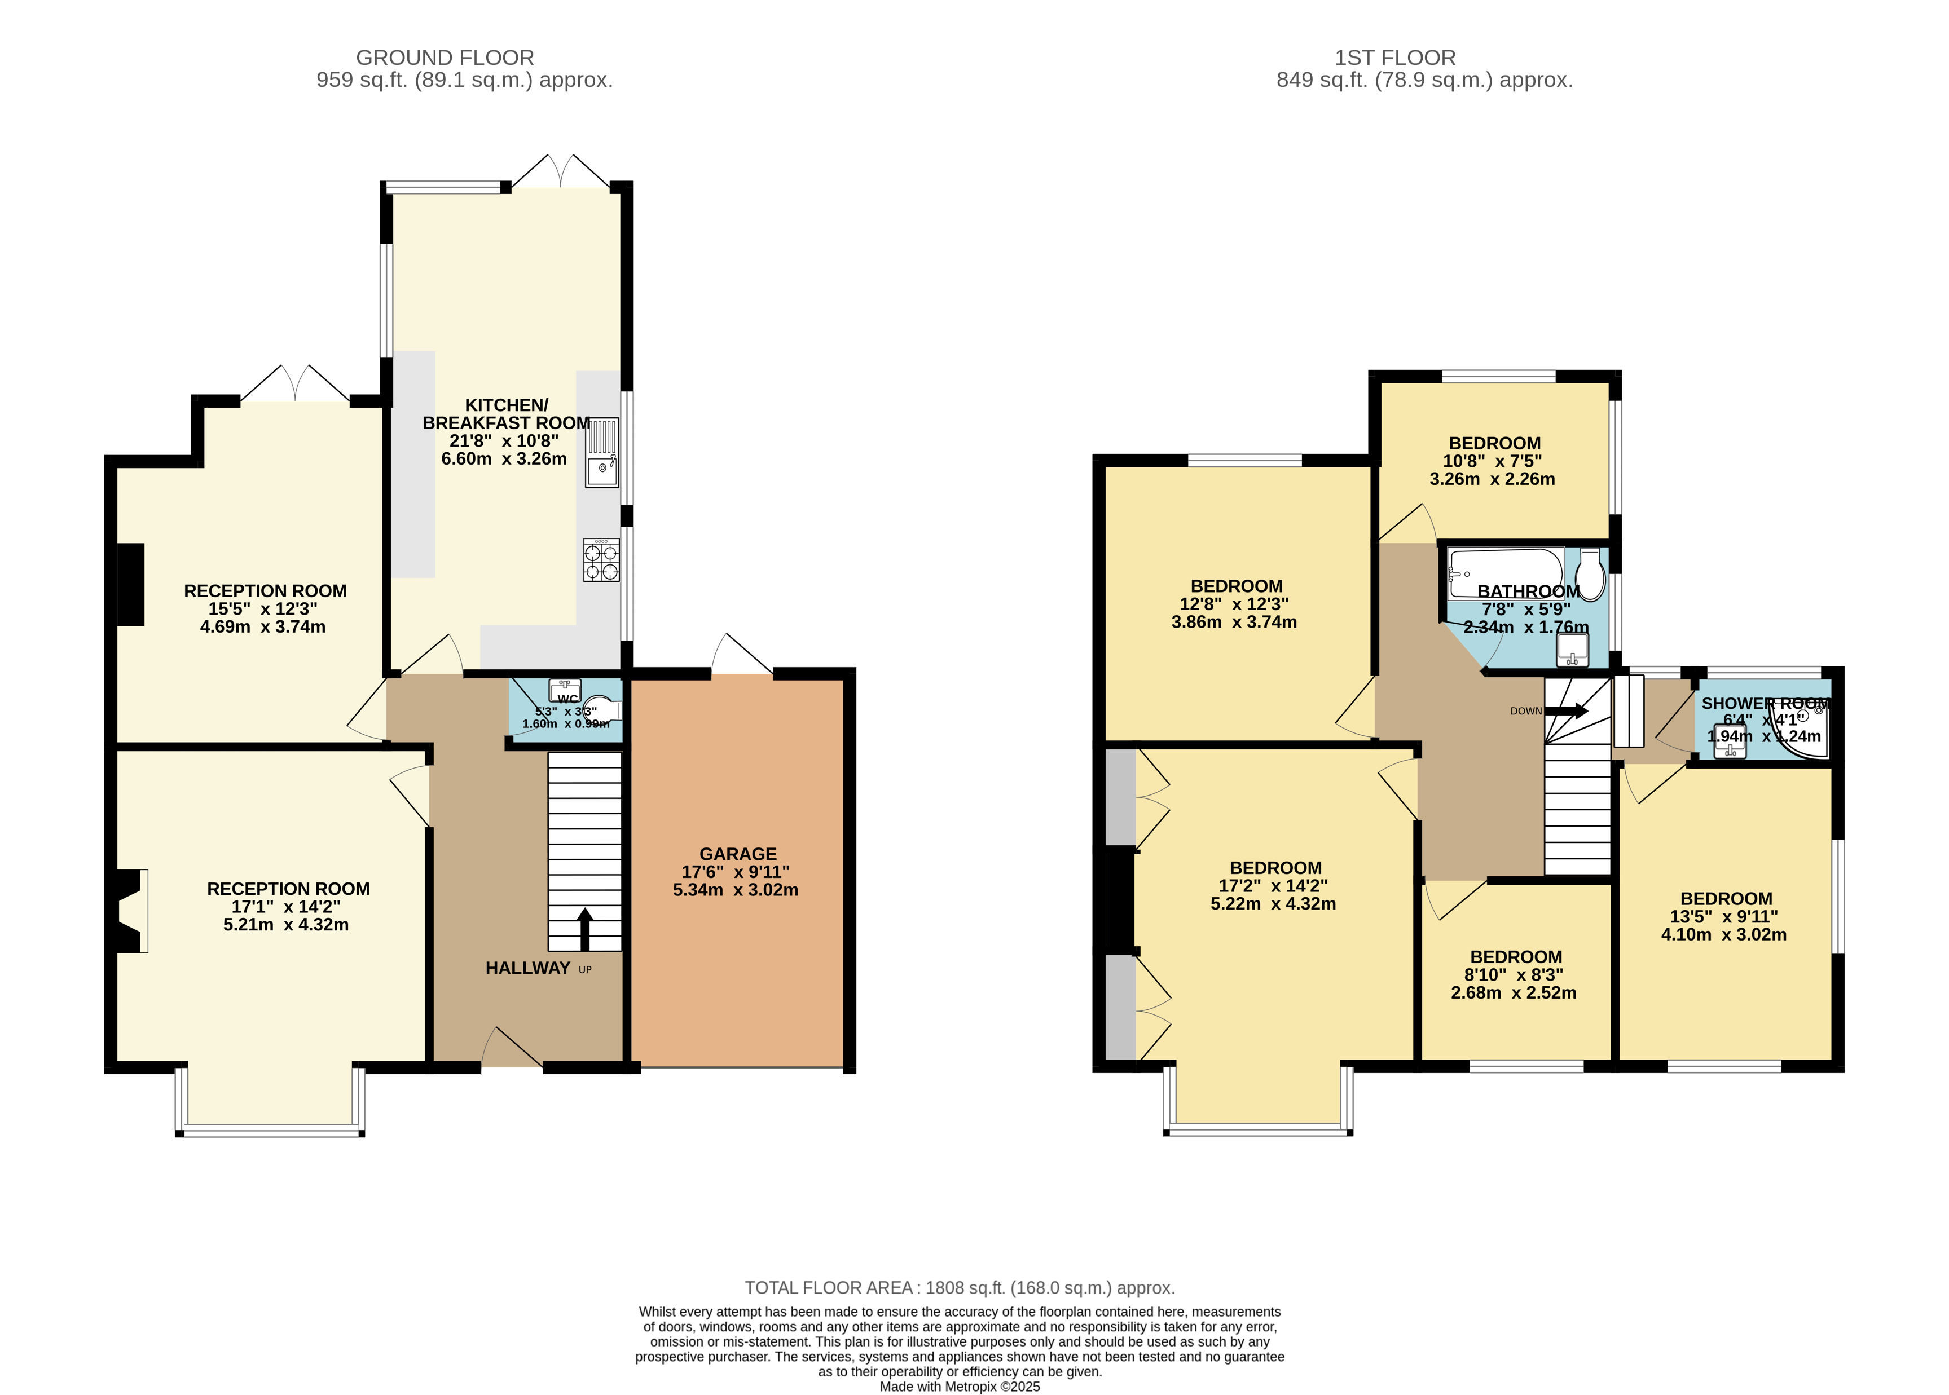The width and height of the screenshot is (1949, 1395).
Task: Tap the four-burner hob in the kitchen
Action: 601,560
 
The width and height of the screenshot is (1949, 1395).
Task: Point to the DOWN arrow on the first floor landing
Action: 1567,710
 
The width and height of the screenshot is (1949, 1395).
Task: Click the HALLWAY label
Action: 527,968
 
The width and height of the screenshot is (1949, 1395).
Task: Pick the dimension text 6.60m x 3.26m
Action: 504,458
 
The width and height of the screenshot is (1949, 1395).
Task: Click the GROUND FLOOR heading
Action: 445,58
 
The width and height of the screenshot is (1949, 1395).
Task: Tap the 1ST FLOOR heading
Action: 1394,58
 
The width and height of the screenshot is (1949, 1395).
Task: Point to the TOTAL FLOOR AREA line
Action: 959,1288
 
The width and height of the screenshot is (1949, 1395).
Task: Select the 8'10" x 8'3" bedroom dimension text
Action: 1514,975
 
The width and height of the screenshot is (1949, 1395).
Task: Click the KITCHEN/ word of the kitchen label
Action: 506,405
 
